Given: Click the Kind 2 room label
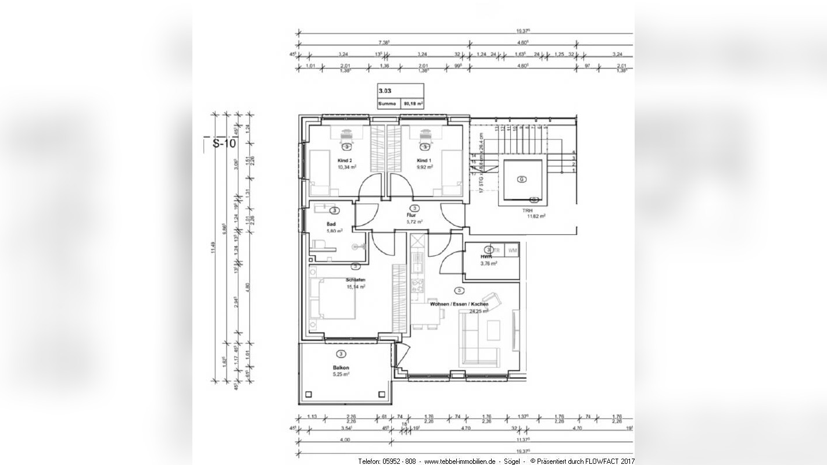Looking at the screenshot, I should pos(345,160).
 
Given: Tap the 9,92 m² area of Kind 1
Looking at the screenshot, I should pos(424,167).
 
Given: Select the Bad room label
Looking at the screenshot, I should pos(331,224).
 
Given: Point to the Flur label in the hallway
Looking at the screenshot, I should pos(411,215).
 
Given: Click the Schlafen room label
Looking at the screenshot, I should pos(355,280).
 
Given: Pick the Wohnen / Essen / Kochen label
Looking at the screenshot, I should pos(459,304).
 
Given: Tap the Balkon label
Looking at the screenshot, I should pos(341,368).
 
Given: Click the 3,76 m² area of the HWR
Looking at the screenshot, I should pos(488,263).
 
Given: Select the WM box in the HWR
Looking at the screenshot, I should pos(512,250).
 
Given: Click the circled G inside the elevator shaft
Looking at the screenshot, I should pos(522,180).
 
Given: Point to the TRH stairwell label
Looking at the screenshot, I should pos(527,210).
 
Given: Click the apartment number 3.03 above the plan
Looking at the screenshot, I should pos(385,91).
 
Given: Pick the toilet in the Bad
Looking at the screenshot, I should pos(318,244).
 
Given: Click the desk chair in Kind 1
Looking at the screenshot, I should pos(425,133).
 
